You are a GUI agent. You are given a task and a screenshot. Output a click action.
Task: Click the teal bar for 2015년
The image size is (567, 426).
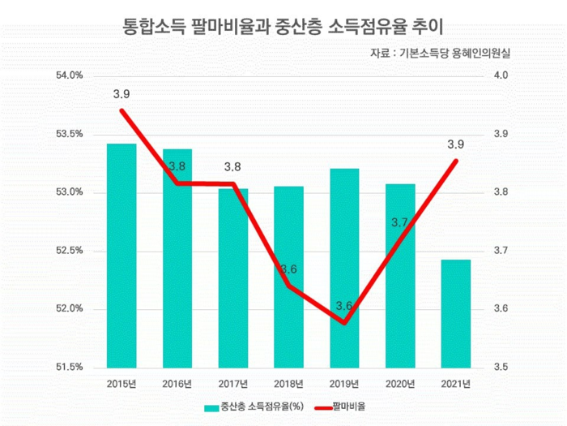[x=122, y=256]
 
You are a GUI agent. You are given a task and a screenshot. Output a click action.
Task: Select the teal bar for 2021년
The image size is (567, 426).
[x=456, y=313]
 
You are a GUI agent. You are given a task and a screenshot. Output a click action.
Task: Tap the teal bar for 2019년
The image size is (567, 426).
[x=345, y=268]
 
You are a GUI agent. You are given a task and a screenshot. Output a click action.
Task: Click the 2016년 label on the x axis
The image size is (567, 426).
[x=177, y=383]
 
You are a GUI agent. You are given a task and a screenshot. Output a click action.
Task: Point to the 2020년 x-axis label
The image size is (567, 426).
[x=400, y=383]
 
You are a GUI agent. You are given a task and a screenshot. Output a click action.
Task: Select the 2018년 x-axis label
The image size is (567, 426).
[x=289, y=383]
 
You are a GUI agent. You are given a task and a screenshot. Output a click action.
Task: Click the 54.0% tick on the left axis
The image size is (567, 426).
[x=70, y=75]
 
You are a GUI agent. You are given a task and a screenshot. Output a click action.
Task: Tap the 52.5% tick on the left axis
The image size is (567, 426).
[x=70, y=251]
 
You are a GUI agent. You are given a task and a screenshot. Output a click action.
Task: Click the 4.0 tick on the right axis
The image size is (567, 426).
[x=500, y=75]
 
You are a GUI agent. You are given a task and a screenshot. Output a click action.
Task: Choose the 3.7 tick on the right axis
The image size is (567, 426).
[x=500, y=251]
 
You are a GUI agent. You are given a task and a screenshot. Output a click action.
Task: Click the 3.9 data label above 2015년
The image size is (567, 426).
[x=122, y=94]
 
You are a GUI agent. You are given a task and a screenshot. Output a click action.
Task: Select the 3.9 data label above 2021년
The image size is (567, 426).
[x=456, y=145]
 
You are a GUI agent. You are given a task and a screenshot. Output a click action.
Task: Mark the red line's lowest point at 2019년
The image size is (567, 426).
[x=344, y=323]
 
